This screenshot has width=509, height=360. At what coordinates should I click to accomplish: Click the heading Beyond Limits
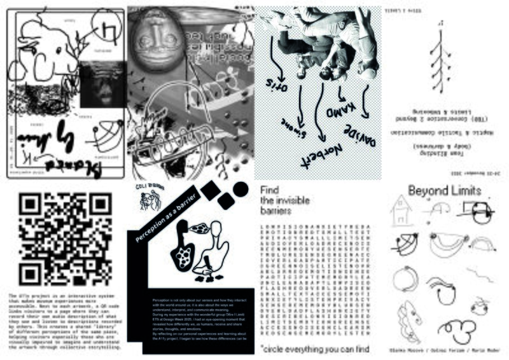(442, 190)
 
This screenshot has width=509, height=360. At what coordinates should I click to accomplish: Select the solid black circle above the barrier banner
(241, 190)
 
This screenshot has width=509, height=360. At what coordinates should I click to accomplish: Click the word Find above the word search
(270, 190)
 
